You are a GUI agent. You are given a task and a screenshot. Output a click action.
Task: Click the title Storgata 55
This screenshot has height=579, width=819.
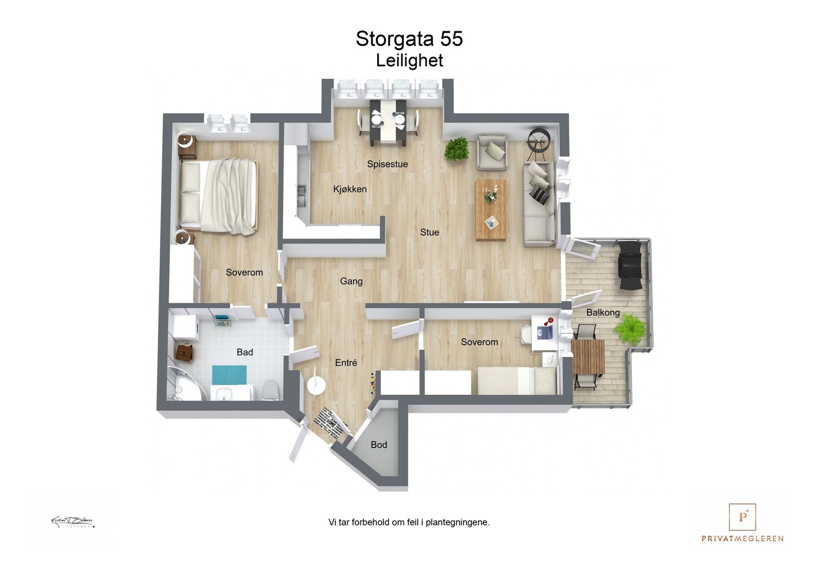[409, 39]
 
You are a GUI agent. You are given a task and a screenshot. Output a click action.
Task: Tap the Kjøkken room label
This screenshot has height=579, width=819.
[350, 189]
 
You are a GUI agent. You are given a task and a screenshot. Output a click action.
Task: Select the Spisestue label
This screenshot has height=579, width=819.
[387, 164]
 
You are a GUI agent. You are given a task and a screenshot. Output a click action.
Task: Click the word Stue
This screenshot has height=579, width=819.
[429, 232]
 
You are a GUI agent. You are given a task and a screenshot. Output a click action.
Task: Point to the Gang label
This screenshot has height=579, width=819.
[351, 281]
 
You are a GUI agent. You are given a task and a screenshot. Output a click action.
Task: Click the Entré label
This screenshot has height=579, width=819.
[346, 363]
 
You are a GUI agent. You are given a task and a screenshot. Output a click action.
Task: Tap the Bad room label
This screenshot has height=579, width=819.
[245, 352]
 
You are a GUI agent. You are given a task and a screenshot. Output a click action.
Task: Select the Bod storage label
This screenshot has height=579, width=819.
[379, 445]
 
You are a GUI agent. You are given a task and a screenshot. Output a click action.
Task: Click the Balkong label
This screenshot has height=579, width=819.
[602, 313]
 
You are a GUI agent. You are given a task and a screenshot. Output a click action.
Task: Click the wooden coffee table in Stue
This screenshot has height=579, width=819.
[491, 209]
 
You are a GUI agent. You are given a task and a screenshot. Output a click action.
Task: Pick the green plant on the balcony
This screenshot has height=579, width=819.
[630, 328]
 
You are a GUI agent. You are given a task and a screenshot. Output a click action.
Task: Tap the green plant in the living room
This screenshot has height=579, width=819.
[456, 149]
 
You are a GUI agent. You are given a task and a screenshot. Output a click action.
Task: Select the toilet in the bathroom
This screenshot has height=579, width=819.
[270, 391]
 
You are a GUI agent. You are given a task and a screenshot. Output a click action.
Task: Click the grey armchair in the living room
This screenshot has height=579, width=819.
[492, 152]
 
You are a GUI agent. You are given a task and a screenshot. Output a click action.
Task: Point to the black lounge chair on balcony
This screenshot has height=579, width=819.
[630, 265]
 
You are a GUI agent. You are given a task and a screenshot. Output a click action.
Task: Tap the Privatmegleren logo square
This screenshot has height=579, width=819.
[742, 517]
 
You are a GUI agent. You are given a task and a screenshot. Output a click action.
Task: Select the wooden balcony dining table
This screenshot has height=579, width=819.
[588, 357]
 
